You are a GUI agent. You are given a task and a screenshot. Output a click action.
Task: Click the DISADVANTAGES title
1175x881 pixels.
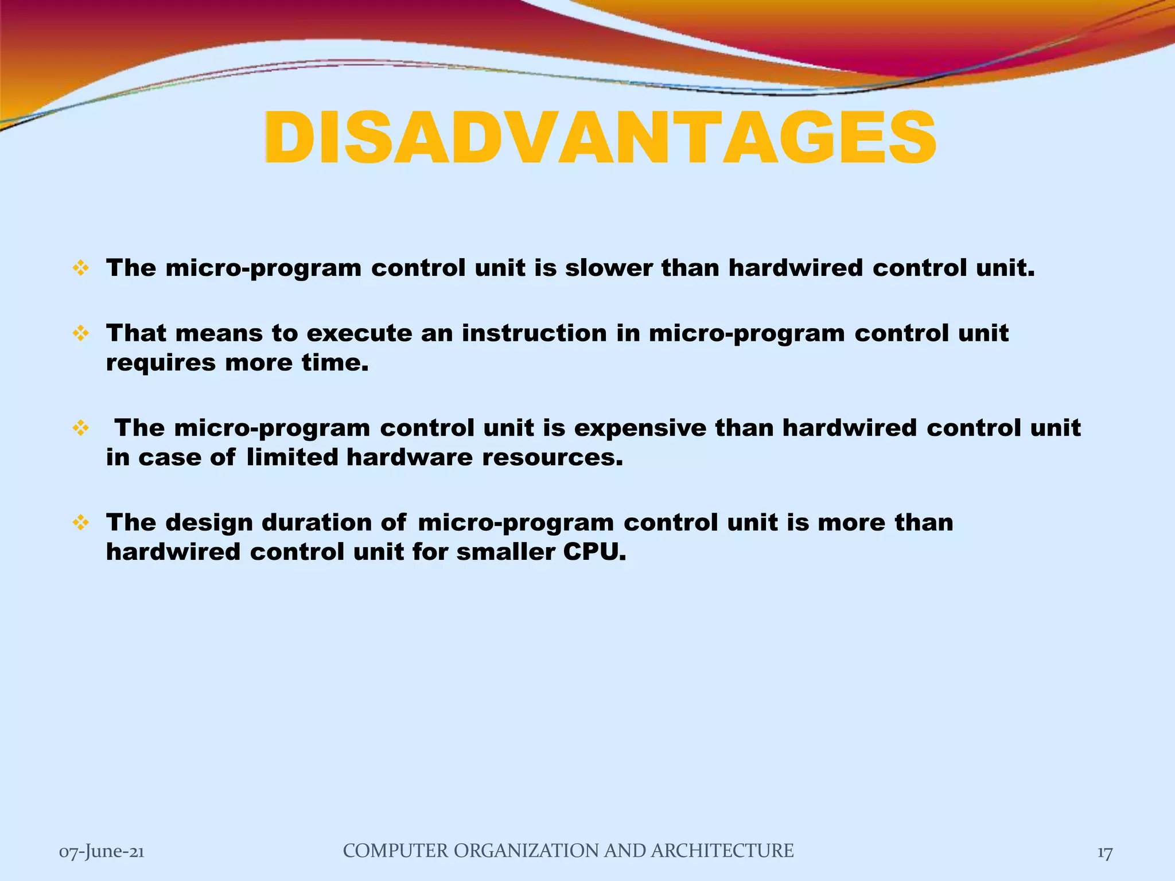pyautogui.click(x=600, y=139)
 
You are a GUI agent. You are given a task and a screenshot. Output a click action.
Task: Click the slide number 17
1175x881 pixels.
pyautogui.click(x=1105, y=853)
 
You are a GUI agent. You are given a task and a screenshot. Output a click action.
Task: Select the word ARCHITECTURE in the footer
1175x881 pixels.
pyautogui.click(x=722, y=851)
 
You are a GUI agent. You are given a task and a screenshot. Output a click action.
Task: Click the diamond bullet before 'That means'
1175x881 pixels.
pyautogui.click(x=81, y=333)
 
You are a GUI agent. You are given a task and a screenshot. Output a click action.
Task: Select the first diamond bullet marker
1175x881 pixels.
pyautogui.click(x=81, y=268)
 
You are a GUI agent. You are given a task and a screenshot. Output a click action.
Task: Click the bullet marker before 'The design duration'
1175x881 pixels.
pyautogui.click(x=81, y=522)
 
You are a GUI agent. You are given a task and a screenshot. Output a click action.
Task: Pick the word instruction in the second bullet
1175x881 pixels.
pyautogui.click(x=534, y=333)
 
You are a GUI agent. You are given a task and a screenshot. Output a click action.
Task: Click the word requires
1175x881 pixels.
pyautogui.click(x=161, y=364)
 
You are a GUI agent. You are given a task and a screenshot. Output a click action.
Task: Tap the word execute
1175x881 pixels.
pyautogui.click(x=359, y=333)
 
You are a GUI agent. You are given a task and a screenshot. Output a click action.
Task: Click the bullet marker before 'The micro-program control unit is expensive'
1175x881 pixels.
pyautogui.click(x=81, y=428)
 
